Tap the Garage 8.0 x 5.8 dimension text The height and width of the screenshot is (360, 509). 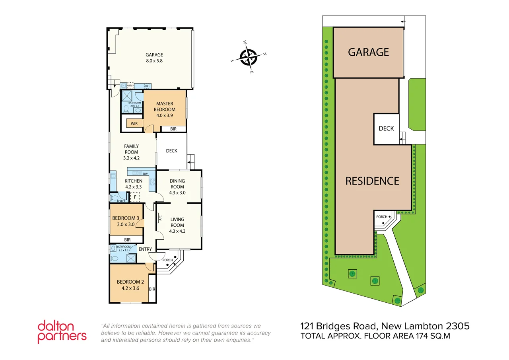tap(154, 61)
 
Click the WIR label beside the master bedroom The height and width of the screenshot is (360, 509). tap(134, 124)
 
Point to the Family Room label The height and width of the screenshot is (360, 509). tap(131, 149)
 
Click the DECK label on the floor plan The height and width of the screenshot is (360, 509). tap(171, 151)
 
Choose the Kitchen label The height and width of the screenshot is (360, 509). tap(134, 181)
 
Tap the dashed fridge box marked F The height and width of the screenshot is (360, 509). tap(135, 197)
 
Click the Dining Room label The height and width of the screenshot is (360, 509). tap(177, 184)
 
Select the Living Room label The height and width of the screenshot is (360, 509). tap(177, 222)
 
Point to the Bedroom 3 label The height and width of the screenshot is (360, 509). tap(126, 218)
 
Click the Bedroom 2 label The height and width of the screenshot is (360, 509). tap(128, 282)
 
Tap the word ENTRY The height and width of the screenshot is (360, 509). tap(145, 249)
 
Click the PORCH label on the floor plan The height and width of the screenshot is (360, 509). tap(168, 260)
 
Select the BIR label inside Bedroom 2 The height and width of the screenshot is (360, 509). tap(152, 289)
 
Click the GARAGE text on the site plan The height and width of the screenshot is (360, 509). tap(368, 52)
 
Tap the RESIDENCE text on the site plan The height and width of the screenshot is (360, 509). tap(372, 181)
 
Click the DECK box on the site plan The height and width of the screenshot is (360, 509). tap(386, 128)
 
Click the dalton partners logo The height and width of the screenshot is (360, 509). tap(62, 332)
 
